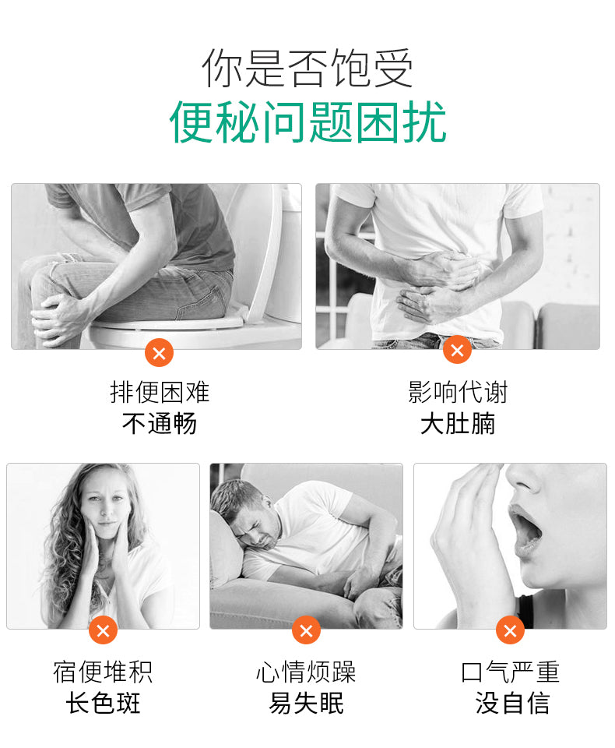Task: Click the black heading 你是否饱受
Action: pos(307,69)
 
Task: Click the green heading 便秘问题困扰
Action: pos(308,122)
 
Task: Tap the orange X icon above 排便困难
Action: pos(160,353)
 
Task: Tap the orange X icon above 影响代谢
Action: pos(457,350)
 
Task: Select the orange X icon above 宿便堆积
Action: pos(103,630)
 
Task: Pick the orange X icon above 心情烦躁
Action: pos(306,630)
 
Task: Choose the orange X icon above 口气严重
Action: pos(510,630)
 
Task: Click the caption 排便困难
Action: pos(160,392)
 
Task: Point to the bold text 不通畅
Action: pos(160,424)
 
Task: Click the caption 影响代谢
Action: pos(458,392)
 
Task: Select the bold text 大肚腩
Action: pos(458,424)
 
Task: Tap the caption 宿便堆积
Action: pos(103,672)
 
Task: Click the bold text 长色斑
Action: pos(103,704)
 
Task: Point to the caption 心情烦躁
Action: pos(306,672)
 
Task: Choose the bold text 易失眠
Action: pos(306,704)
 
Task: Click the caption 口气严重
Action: pos(510,672)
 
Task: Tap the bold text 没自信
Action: pos(512,704)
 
